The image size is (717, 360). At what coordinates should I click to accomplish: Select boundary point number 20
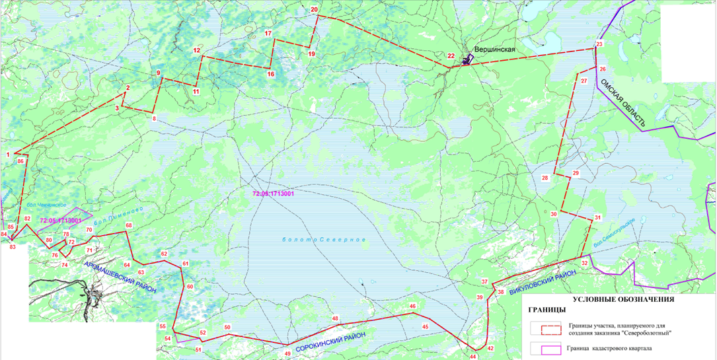[x=315, y=9]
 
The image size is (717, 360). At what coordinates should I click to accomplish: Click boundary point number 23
[x=599, y=44]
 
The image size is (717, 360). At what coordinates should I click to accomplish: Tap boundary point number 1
[x=7, y=154]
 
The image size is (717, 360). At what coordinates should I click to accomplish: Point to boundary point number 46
[x=412, y=306]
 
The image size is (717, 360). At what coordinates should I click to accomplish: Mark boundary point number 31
[x=597, y=218]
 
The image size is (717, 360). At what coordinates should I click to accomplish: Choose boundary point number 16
[x=270, y=74]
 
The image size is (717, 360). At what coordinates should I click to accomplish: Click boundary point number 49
[x=287, y=353]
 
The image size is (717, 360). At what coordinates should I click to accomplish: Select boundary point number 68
[x=129, y=226]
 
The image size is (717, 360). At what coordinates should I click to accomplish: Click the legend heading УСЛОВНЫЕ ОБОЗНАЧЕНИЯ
[x=623, y=299]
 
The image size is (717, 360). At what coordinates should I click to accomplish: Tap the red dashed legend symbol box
[x=545, y=328]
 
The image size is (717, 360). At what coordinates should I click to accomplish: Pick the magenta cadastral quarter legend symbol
[x=545, y=349]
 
